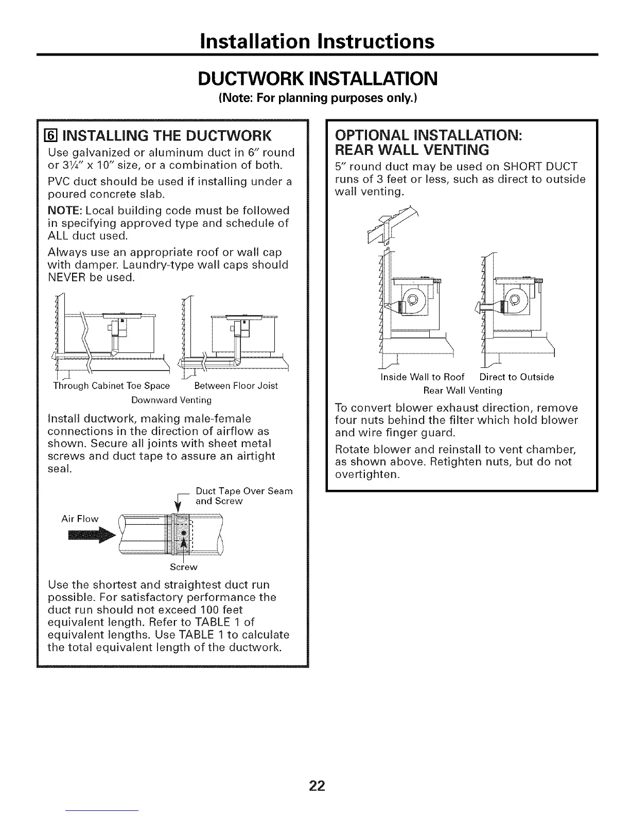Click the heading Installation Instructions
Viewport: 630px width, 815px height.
[317, 41]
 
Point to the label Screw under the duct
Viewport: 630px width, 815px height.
[183, 567]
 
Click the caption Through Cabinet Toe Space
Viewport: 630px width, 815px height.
[111, 386]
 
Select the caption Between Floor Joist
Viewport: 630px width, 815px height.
[236, 386]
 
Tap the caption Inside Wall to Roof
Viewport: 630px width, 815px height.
[422, 377]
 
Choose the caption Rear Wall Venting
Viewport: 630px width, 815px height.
[462, 390]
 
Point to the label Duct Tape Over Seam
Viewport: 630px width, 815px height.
[244, 491]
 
